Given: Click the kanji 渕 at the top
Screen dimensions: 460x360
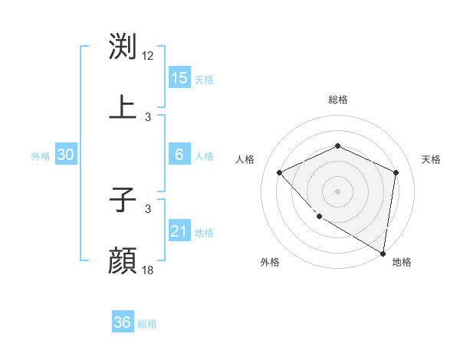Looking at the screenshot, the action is [x=123, y=47].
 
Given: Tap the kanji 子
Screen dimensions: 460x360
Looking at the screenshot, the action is [x=123, y=201].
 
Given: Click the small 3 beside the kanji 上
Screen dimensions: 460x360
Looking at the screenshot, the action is [x=148, y=116].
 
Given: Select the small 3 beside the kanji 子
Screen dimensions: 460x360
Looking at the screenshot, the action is [x=148, y=208].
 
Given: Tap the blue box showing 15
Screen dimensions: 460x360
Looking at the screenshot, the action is [x=179, y=78].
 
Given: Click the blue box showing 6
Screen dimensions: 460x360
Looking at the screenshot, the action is [x=179, y=155].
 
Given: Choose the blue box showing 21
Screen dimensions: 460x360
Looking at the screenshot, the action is [x=179, y=231].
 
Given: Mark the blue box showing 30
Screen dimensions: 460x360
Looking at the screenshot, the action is [x=66, y=155].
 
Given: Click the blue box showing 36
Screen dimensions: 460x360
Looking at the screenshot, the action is [x=122, y=322].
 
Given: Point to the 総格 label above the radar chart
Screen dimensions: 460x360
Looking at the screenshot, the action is [x=337, y=100].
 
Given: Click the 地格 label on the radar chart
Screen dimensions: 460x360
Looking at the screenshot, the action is [x=402, y=262].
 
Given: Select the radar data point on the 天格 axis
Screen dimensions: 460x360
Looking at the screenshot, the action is [x=396, y=172].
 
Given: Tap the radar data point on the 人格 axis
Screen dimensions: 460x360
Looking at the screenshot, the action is [x=280, y=172].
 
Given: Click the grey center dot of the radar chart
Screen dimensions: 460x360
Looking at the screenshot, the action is [x=337, y=191].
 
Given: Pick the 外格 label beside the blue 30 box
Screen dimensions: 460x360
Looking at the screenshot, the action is [x=41, y=155].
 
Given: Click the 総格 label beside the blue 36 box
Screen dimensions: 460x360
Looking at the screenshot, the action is [x=147, y=324].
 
